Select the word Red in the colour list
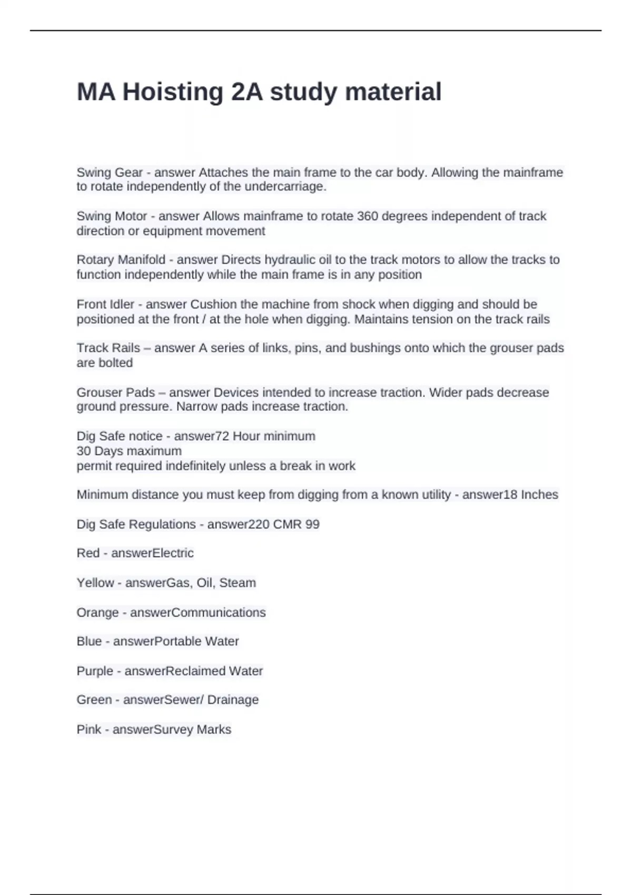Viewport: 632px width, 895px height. point(88,553)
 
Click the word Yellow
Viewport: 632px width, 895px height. point(95,583)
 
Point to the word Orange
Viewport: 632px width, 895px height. point(97,613)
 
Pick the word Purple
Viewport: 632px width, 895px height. point(95,671)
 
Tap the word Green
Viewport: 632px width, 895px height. point(94,700)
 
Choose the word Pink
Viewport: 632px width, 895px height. point(89,730)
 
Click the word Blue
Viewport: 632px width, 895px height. point(89,641)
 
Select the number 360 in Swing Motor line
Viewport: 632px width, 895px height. point(368,216)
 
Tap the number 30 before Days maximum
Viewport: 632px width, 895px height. point(84,451)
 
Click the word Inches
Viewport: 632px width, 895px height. point(539,495)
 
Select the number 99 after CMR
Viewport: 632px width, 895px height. point(312,524)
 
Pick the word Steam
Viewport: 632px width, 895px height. point(238,583)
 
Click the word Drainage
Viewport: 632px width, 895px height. point(233,700)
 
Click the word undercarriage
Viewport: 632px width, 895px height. point(285,187)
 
